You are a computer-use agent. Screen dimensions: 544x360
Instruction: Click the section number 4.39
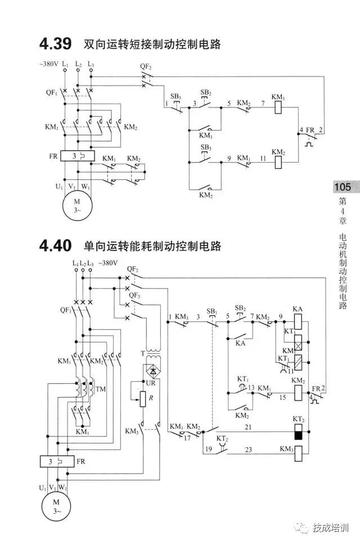(x=55, y=43)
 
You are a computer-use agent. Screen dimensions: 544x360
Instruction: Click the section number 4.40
(x=55, y=246)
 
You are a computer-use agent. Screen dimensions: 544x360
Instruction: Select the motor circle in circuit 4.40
(x=55, y=506)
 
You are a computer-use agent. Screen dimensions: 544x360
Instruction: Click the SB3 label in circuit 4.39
(x=205, y=147)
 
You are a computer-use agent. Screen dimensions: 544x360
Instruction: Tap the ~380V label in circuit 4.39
(x=49, y=64)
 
